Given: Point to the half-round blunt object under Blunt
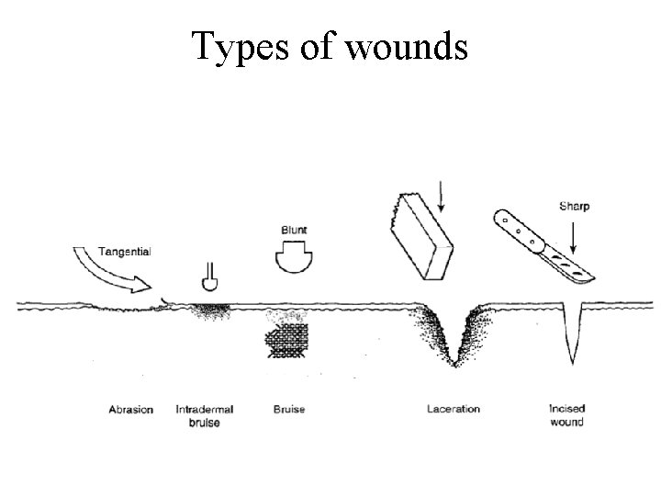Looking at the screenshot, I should tap(295, 256).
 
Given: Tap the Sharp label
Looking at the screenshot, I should tap(573, 207).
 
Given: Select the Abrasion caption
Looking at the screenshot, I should tap(130, 409).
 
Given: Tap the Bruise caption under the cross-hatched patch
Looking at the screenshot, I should tap(289, 409).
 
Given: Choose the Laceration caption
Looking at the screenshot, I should tap(454, 409).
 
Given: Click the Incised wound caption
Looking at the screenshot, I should tap(566, 415).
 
